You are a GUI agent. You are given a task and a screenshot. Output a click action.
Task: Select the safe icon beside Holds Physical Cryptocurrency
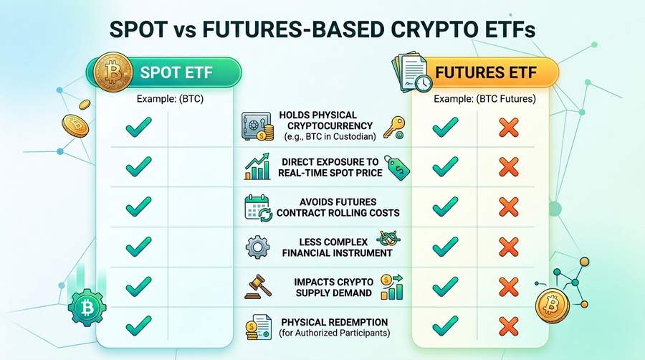point(256,127)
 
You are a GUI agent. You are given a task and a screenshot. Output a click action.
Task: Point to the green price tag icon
point(396,166)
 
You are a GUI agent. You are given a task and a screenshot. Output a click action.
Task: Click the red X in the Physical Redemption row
point(508,326)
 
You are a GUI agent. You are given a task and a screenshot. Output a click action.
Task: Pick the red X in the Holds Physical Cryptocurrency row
point(508,129)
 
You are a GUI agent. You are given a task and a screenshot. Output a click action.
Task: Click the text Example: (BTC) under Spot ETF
point(170,99)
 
